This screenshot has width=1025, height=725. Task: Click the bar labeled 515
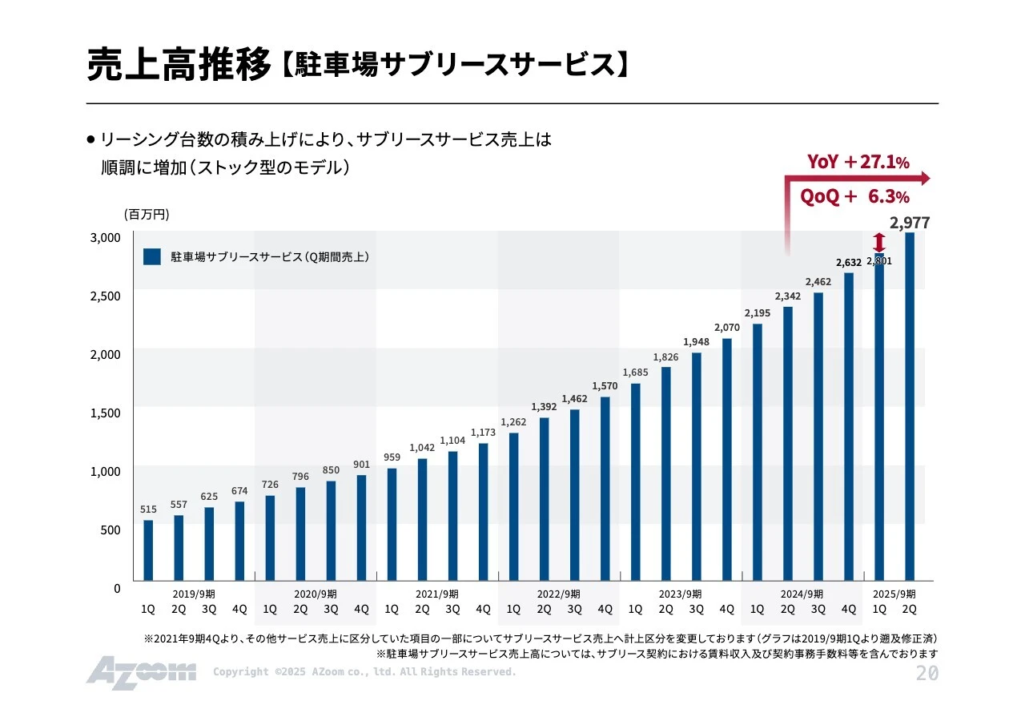click(x=148, y=550)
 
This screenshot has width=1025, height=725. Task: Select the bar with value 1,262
click(x=513, y=506)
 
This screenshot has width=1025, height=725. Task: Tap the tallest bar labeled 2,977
click(x=910, y=407)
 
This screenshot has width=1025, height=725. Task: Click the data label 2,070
click(x=726, y=328)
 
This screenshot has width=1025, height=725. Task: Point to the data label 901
click(x=361, y=465)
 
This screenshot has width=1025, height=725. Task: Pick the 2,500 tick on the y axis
click(x=104, y=296)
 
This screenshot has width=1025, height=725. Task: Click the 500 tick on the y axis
click(x=109, y=530)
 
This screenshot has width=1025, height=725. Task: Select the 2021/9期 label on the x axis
click(x=437, y=594)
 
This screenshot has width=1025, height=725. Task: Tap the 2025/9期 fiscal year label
click(x=894, y=594)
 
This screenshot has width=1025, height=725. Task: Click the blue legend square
click(x=152, y=257)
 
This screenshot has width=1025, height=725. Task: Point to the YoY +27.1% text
click(x=858, y=162)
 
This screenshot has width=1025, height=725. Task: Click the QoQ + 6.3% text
click(x=854, y=197)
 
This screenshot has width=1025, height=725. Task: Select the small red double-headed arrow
click(x=879, y=242)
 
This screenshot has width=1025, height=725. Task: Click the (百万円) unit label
click(x=147, y=215)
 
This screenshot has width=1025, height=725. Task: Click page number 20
click(x=927, y=674)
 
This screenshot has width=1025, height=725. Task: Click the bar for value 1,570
click(x=605, y=489)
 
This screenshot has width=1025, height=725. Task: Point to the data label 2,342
click(x=787, y=296)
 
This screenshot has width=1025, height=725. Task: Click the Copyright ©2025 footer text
click(x=364, y=672)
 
